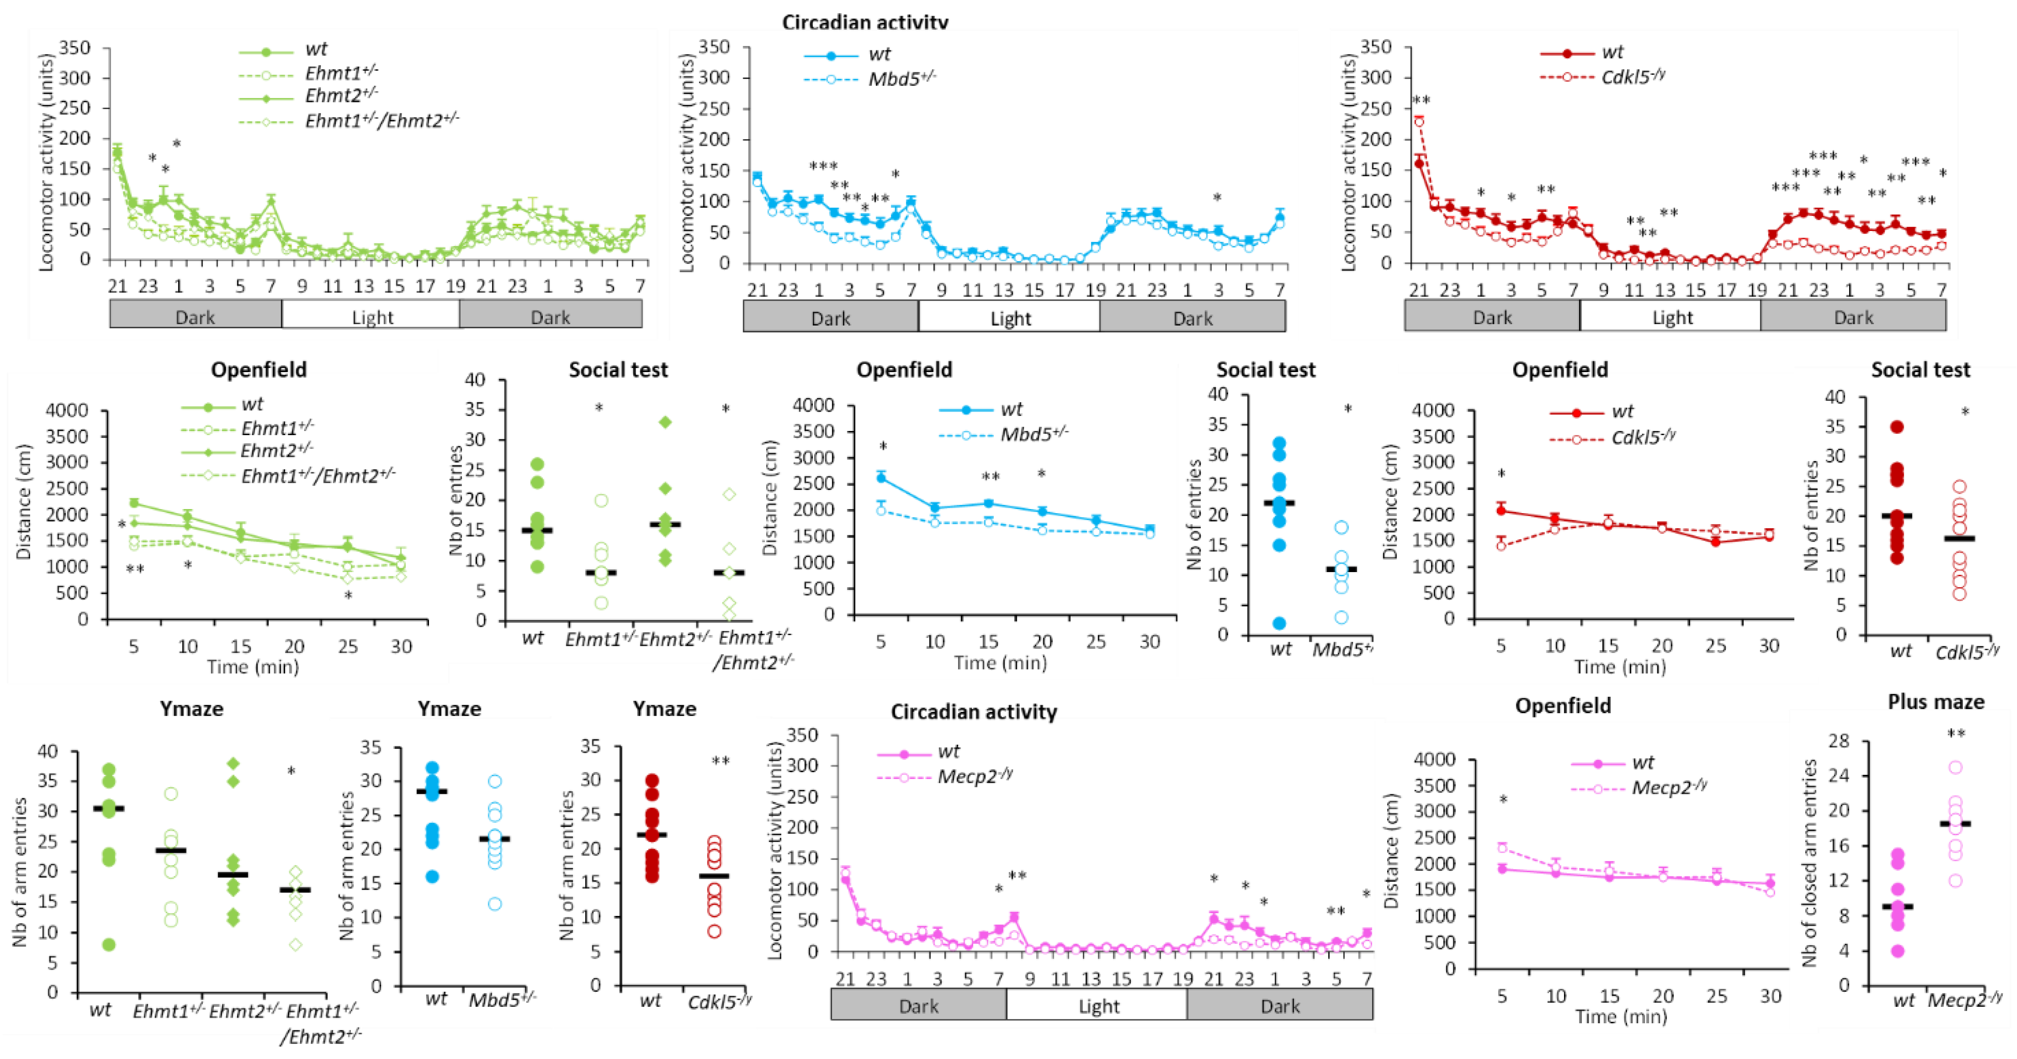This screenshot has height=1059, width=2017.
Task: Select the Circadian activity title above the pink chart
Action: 973,711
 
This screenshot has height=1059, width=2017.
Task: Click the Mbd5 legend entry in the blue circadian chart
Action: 900,78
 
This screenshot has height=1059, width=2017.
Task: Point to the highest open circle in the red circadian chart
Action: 1419,121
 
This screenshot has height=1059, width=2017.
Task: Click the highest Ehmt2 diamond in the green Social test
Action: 666,422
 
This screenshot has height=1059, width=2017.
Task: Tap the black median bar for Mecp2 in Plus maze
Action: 1955,824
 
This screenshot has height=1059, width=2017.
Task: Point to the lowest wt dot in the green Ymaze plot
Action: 109,945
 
